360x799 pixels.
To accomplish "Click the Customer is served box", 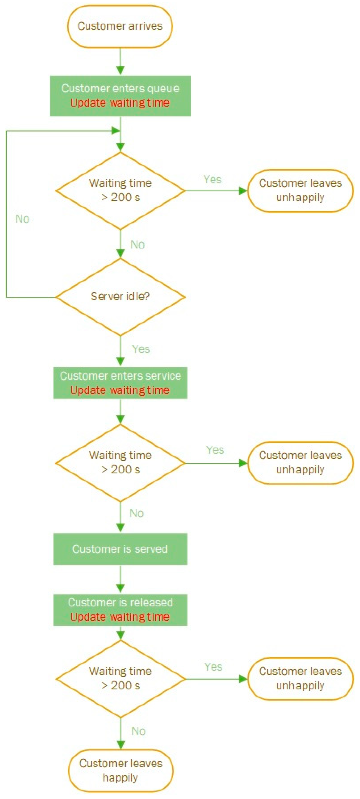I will tap(120, 549).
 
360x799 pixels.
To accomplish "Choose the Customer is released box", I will tap(120, 610).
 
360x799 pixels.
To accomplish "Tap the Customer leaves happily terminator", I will tap(120, 770).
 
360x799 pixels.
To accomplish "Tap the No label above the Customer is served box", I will tap(136, 513).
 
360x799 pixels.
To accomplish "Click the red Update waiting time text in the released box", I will tap(120, 617).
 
